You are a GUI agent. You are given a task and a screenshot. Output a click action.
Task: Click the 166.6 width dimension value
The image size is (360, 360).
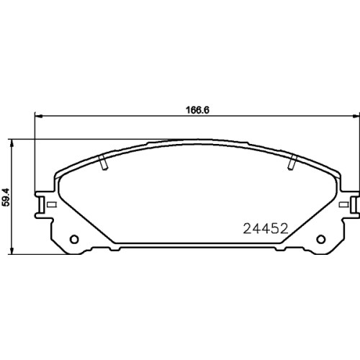click(197, 110)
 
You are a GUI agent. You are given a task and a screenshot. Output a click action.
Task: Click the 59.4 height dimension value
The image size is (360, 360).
click(6, 197)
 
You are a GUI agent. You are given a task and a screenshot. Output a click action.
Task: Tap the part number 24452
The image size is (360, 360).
click(266, 228)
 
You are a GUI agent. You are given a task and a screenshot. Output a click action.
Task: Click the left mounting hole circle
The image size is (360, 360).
click(74, 239)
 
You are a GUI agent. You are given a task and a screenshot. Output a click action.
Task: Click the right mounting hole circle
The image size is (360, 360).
click(321, 239)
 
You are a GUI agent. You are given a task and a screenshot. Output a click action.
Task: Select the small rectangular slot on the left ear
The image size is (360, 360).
click(52, 204)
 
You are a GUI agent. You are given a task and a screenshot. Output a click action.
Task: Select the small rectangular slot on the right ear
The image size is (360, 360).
click(343, 204)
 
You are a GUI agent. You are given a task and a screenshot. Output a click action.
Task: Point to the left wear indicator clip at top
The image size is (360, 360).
click(104, 163)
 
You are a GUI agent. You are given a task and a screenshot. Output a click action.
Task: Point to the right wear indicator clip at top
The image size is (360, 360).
click(292, 163)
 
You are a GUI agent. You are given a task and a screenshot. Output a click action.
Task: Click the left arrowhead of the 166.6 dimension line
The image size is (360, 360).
click(38, 117)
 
